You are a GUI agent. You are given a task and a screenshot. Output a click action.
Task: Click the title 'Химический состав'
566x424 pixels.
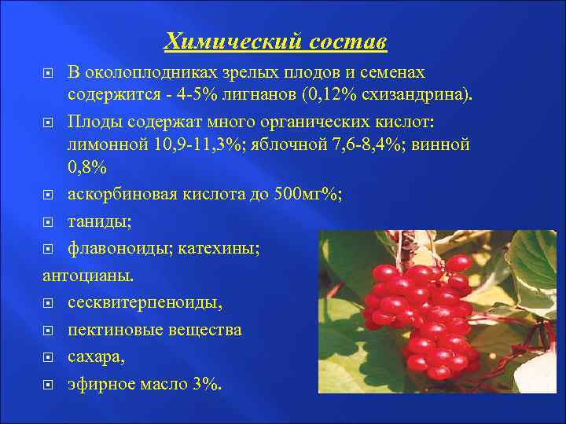[x=275, y=40]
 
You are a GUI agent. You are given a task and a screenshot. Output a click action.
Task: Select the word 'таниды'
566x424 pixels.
[x=97, y=223]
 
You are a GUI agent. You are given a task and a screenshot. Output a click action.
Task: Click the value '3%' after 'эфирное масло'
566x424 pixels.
[x=207, y=384]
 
